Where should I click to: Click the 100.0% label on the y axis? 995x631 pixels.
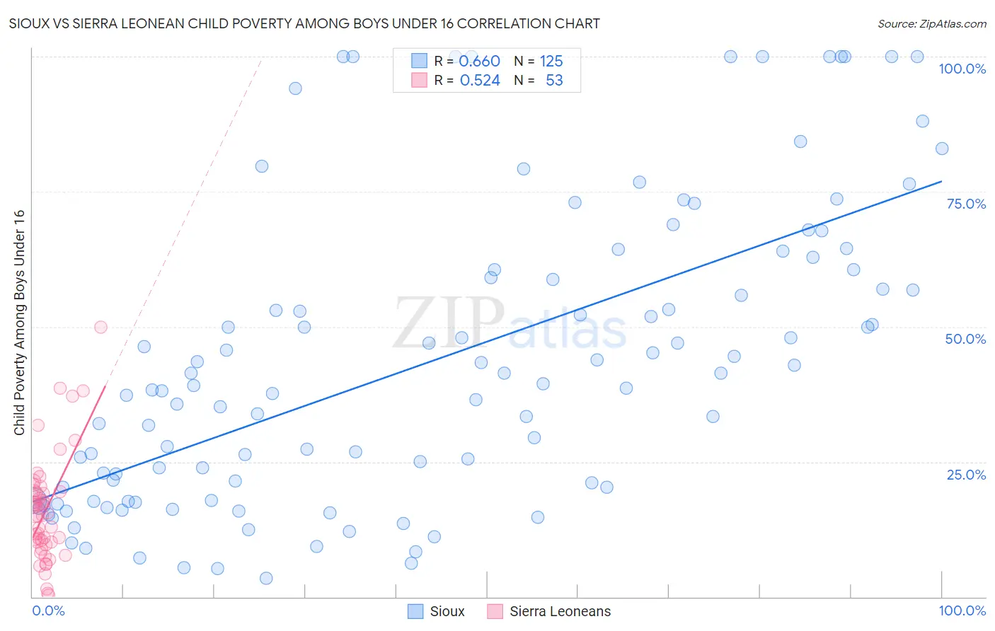pos(962,69)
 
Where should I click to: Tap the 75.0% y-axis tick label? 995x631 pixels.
pos(966,204)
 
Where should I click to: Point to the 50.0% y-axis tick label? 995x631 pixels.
pos(965,339)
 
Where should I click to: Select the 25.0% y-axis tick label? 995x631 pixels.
pos(966,475)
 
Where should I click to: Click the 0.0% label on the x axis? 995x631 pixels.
pos(48,610)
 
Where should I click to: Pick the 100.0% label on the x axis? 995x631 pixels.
pos(962,610)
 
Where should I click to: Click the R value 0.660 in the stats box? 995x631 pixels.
pos(479,61)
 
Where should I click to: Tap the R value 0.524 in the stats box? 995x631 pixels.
pos(480,81)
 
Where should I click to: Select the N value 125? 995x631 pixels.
pos(551,61)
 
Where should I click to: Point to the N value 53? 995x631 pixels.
pos(554,81)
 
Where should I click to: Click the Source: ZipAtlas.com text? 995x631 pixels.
pos(931,23)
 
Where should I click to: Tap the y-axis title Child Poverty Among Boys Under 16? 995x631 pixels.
pos(19,323)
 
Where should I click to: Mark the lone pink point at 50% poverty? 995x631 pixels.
pos(100,327)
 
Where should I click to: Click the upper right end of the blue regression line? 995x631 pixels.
pos(941,182)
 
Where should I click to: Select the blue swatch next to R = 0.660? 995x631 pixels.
pos(419,61)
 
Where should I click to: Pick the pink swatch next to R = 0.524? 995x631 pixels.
pos(419,81)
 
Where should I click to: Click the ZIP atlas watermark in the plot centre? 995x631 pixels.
pos(510,324)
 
